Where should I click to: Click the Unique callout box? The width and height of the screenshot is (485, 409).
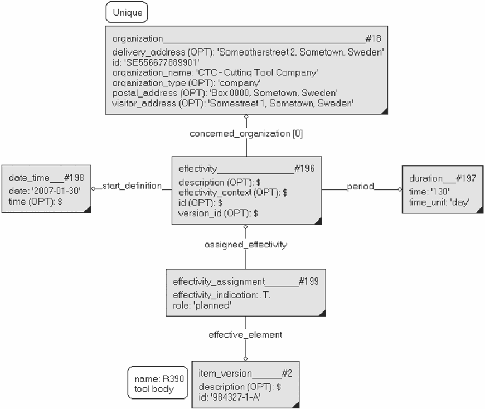click(127, 12)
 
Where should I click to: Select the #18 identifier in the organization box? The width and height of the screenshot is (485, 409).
click(374, 38)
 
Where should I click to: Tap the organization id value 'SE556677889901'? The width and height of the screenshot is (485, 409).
click(162, 62)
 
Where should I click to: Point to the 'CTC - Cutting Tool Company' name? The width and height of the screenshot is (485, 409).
click(257, 72)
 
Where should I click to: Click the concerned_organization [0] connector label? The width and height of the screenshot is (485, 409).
click(246, 134)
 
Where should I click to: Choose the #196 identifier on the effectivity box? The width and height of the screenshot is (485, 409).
click(304, 168)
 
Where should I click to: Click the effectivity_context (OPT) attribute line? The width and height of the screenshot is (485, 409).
click(233, 193)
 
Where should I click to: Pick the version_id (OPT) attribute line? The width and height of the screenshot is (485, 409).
click(218, 213)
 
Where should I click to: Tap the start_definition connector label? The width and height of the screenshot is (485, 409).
click(132, 186)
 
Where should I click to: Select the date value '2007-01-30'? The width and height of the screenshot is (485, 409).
click(56, 191)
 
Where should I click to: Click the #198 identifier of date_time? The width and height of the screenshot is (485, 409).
click(74, 177)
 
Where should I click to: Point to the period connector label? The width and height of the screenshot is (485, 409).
click(360, 187)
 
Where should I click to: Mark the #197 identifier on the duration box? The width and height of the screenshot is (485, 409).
click(466, 178)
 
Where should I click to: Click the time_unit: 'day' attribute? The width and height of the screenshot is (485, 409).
click(439, 202)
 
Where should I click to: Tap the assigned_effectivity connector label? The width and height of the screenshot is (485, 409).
click(246, 245)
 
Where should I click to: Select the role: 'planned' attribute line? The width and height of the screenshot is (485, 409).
click(202, 305)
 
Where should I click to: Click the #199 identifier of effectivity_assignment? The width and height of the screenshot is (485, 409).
click(309, 281)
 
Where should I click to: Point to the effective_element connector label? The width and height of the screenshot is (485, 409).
click(245, 335)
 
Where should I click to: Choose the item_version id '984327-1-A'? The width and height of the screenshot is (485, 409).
click(235, 397)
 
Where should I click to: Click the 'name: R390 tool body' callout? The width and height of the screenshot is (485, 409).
click(158, 383)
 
